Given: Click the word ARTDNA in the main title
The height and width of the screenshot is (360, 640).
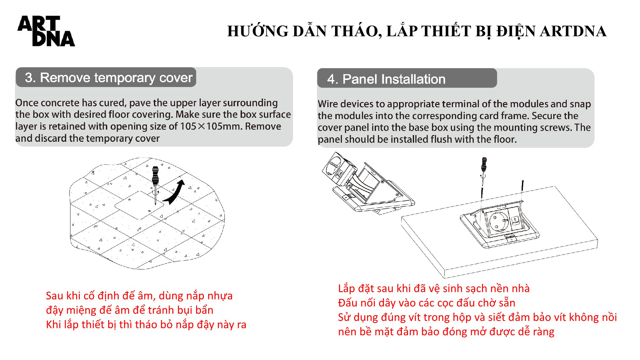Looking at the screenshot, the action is click(573, 32).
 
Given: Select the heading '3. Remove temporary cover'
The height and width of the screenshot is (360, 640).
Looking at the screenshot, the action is click(109, 77).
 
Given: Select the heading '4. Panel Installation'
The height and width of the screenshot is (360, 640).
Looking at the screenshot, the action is click(386, 79).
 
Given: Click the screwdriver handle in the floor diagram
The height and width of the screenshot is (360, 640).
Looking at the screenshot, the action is click(156, 175).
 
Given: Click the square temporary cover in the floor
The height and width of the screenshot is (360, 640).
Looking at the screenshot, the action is click(139, 205).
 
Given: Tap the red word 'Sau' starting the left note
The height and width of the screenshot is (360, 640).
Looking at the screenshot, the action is click(54, 296).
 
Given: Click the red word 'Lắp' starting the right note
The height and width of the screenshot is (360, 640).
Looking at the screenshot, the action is click(347, 289).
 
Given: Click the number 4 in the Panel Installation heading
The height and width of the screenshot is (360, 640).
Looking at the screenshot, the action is click(331, 79).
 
